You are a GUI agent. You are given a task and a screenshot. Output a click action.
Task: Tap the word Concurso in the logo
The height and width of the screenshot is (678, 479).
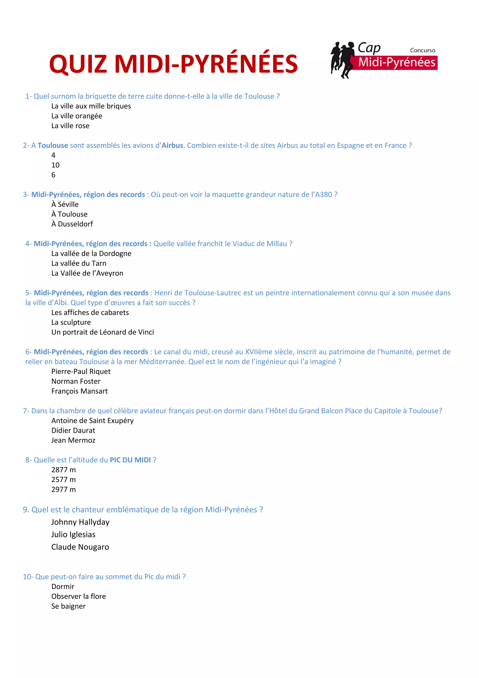[422, 50]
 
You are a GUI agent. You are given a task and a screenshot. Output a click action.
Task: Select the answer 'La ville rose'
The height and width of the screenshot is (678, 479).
[70, 126]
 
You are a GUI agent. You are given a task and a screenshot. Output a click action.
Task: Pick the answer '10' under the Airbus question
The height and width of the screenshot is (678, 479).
[55, 165]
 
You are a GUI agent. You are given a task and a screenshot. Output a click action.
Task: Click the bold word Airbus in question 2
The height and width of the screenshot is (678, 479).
[172, 146]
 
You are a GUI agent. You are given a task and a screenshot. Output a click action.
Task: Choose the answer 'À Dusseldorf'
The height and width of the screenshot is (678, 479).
[72, 224]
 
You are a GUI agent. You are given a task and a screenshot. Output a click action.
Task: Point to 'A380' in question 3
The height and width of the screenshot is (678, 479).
[323, 194]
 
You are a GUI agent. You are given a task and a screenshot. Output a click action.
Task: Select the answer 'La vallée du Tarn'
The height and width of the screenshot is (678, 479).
[79, 263]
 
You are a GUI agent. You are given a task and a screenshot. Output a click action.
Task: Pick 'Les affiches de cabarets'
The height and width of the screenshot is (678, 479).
[90, 312]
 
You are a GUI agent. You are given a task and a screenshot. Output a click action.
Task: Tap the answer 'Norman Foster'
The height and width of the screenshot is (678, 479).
[76, 381]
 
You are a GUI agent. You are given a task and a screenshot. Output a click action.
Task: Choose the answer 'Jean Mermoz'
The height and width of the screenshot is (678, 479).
[73, 440]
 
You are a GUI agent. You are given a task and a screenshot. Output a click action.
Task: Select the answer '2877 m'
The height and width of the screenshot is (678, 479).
[63, 470]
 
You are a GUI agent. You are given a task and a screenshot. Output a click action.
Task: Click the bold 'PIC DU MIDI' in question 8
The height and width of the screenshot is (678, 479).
[130, 460]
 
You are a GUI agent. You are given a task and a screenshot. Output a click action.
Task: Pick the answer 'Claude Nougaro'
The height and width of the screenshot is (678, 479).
[80, 547]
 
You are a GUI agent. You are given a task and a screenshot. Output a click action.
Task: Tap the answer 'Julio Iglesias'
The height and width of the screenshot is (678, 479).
[73, 535]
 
